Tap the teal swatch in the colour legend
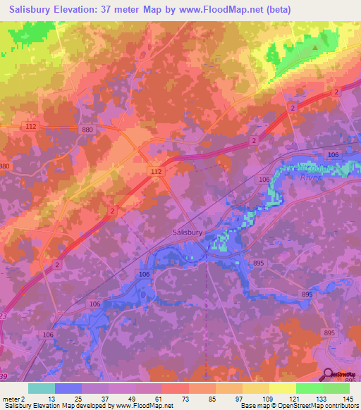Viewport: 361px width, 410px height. click(41, 388)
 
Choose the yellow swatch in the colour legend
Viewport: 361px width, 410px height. click(282, 388)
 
